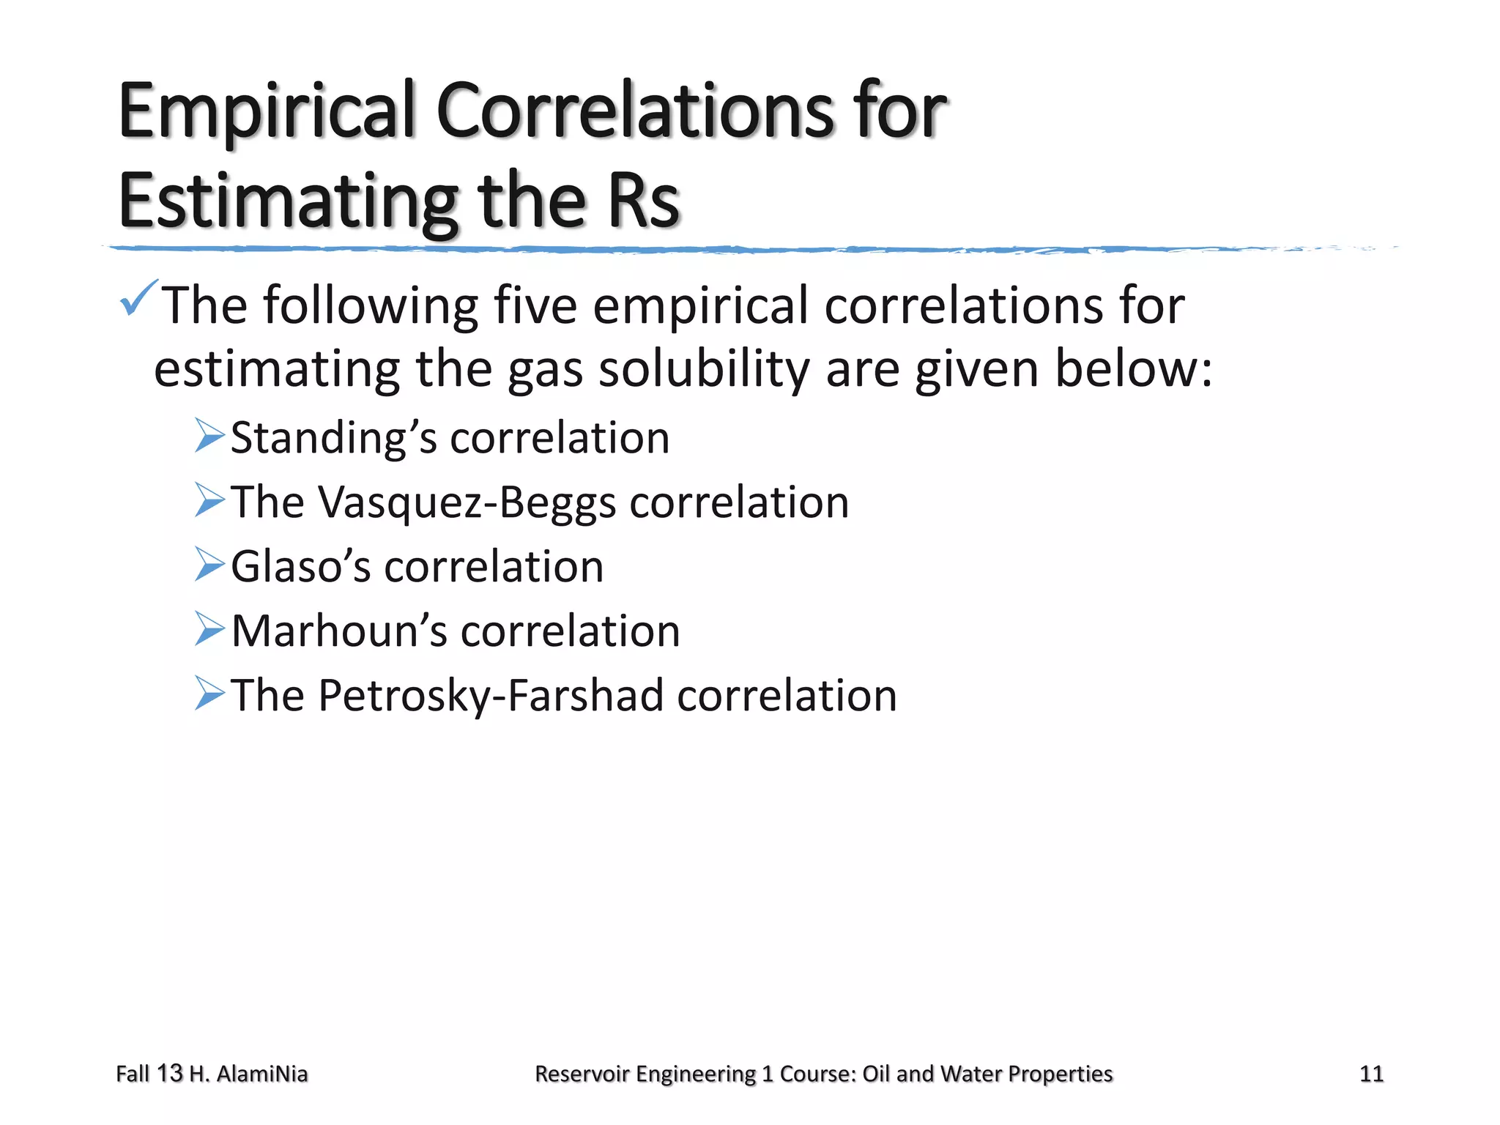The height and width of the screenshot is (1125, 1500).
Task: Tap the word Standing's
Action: pyautogui.click(x=334, y=439)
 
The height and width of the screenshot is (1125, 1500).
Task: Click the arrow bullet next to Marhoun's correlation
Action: pyautogui.click(x=209, y=629)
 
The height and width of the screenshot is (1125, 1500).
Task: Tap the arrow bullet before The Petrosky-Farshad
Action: pyautogui.click(x=209, y=694)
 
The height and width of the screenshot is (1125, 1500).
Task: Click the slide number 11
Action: pyautogui.click(x=1371, y=1074)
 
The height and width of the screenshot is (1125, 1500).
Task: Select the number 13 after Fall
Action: pyautogui.click(x=169, y=1073)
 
